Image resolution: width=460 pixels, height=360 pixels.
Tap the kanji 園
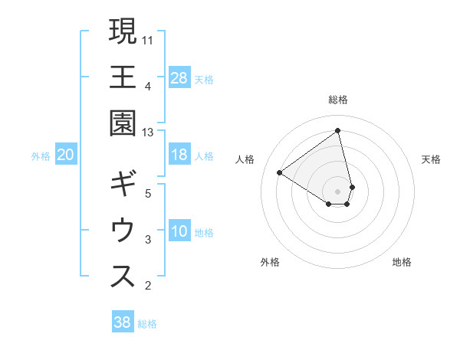[123, 123]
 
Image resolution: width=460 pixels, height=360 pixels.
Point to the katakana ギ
[123, 185]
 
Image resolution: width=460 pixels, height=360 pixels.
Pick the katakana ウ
[123, 231]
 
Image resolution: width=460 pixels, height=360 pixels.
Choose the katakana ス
[123, 277]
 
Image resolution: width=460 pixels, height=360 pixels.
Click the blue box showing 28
[179, 77]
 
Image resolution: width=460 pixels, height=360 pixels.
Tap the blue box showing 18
[179, 155]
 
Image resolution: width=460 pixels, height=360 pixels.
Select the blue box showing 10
[179, 232]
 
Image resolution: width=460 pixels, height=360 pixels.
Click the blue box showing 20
[66, 155]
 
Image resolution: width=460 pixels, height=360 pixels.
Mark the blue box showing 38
[123, 322]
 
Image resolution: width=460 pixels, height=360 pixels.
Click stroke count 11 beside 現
[149, 39]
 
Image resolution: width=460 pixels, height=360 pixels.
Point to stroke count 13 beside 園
[149, 133]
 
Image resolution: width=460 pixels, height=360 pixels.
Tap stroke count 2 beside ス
[148, 286]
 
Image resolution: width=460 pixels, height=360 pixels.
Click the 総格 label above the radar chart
[338, 100]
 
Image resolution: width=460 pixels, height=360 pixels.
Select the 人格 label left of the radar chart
[245, 159]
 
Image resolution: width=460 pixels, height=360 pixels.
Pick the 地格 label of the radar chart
[402, 262]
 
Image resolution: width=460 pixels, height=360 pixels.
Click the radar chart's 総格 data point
[338, 130]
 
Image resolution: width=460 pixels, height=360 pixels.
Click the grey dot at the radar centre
[338, 191]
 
